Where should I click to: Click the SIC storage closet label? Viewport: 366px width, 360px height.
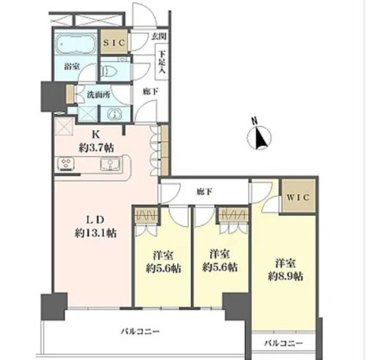114,43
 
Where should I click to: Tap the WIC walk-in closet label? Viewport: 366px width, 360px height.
298,197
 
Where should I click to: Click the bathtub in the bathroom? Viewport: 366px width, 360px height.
75,44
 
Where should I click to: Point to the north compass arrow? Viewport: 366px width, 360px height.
260,138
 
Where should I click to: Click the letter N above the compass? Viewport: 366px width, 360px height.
255,120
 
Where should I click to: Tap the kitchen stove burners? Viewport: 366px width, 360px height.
66,164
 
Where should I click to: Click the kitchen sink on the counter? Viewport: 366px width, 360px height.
111,164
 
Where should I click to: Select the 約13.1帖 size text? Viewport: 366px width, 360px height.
95,233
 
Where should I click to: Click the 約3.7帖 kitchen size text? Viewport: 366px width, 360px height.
96,148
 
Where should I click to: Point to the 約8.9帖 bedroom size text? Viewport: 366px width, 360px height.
285,277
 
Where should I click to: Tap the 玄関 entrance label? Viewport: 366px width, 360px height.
159,37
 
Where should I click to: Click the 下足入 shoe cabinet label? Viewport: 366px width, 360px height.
162,61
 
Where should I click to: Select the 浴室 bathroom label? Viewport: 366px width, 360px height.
72,67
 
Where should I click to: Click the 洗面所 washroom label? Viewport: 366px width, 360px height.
98,94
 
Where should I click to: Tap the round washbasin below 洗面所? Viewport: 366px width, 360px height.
115,114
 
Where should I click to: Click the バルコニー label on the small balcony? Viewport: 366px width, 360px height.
284,343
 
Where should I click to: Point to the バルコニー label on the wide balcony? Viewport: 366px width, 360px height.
141,331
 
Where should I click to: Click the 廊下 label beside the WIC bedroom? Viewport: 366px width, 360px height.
204,192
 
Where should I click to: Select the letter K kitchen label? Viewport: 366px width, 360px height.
95,135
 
